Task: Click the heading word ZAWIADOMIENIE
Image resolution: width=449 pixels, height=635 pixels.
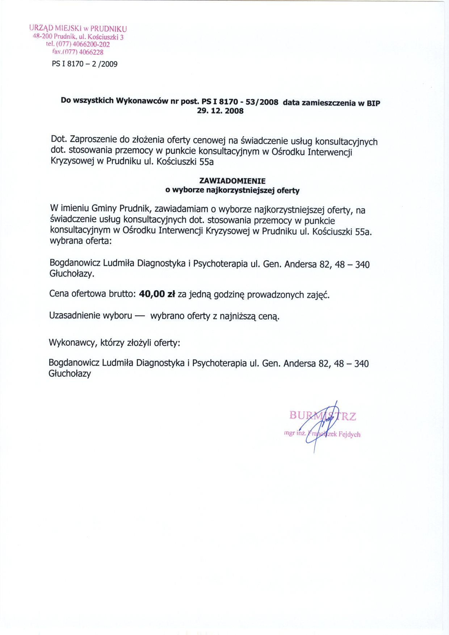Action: click(x=232, y=181)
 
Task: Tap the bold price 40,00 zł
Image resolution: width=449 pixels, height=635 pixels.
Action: click(x=157, y=294)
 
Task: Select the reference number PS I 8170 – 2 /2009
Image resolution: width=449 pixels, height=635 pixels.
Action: click(x=85, y=64)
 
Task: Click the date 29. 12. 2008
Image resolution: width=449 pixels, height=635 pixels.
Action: click(x=220, y=111)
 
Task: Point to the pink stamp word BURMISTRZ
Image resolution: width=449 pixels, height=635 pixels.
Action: click(x=322, y=416)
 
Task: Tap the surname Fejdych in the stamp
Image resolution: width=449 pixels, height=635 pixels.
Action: click(x=349, y=434)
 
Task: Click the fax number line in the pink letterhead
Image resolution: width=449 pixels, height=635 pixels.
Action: click(x=78, y=52)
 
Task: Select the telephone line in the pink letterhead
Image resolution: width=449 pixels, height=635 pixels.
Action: click(x=78, y=45)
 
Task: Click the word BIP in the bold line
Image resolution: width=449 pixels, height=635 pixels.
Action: click(x=373, y=104)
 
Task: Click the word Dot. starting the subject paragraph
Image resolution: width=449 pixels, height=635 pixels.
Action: click(x=59, y=139)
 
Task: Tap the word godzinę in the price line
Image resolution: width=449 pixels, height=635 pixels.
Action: click(x=229, y=295)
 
